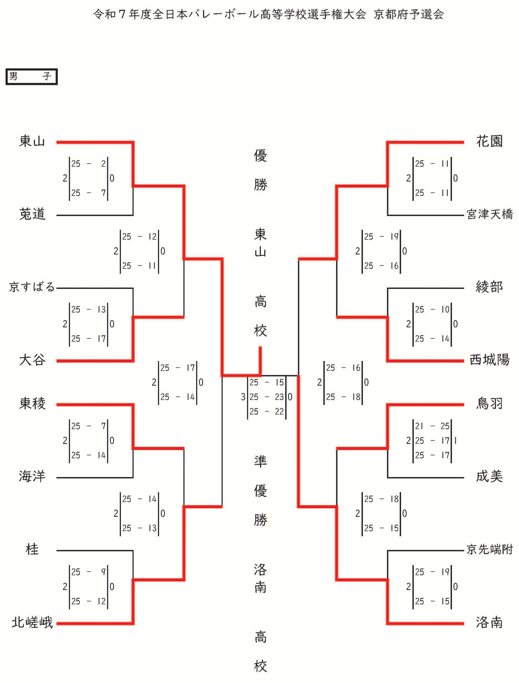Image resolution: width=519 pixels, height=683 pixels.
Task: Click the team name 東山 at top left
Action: point(32,141)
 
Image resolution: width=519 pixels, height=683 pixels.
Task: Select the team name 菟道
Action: point(32,214)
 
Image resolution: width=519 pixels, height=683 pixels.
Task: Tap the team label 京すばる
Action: point(32,287)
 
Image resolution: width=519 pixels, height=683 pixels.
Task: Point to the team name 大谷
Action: point(32,360)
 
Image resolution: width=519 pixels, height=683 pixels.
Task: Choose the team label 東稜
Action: point(32,404)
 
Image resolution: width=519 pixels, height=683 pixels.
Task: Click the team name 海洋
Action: point(32,476)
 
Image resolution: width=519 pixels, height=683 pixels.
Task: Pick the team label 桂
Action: point(32,550)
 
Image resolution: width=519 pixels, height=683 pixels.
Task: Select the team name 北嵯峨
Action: point(32,622)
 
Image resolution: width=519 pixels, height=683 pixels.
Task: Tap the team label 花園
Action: point(489,141)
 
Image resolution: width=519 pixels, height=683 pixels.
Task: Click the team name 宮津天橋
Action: point(490,214)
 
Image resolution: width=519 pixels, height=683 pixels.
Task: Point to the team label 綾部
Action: point(489,287)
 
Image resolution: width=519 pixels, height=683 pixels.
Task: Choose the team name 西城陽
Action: point(489,360)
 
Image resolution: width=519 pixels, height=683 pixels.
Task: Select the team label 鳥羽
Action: point(489,404)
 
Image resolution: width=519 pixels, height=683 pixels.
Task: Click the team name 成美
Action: point(489,476)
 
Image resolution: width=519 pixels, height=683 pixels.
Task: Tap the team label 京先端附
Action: point(490,550)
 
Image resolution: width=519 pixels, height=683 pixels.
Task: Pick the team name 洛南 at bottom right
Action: point(489,622)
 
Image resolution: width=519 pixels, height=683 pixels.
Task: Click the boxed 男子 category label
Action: point(31,76)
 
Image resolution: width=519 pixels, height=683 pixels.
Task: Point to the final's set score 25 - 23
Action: point(266,397)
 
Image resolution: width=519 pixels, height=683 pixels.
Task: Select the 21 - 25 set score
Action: point(432,426)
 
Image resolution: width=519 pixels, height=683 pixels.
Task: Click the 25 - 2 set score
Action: point(88,164)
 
